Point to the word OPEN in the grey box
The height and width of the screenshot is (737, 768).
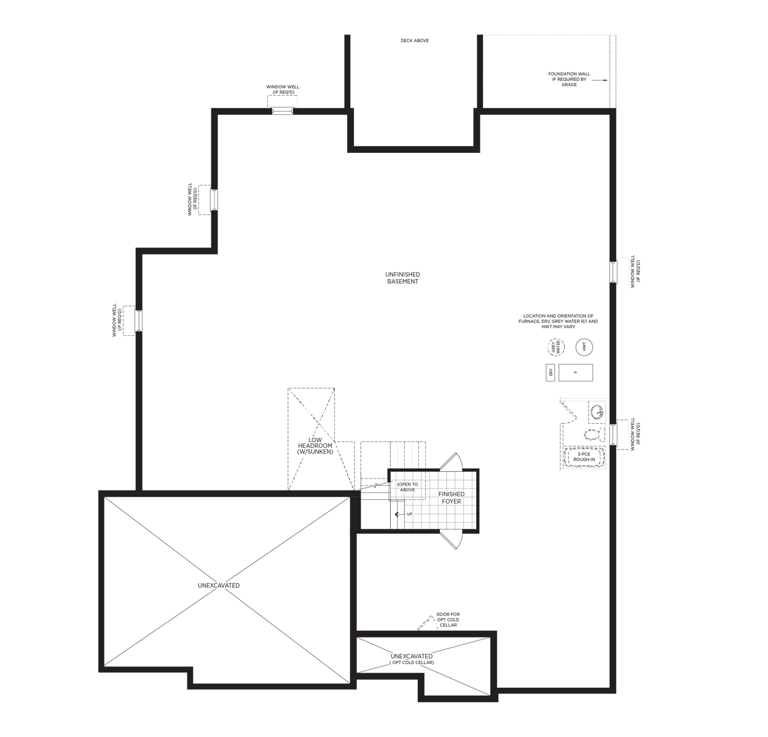click(x=404, y=485)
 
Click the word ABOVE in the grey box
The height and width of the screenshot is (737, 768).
click(x=407, y=490)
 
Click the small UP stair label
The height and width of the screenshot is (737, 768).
click(x=409, y=513)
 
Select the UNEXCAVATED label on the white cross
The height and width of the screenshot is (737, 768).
click(x=219, y=586)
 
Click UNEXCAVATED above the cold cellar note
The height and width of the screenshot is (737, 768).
click(x=412, y=657)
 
